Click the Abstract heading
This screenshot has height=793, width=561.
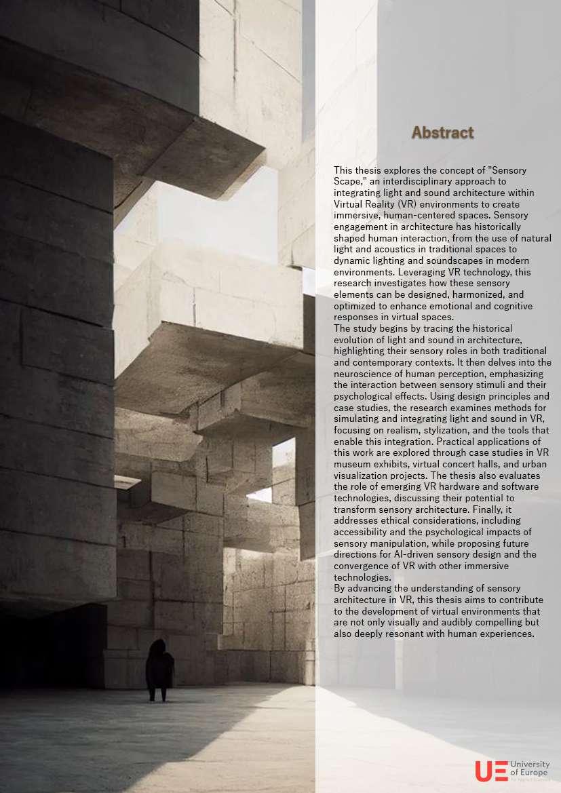point(442,132)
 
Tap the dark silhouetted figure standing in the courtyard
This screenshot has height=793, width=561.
point(159,669)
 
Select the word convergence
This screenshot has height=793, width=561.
point(365,566)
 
